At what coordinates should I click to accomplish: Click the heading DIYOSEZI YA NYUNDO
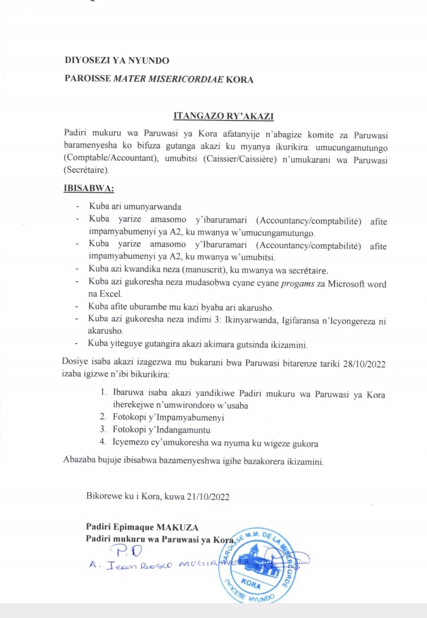(117, 61)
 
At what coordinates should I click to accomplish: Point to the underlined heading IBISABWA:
(88, 189)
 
